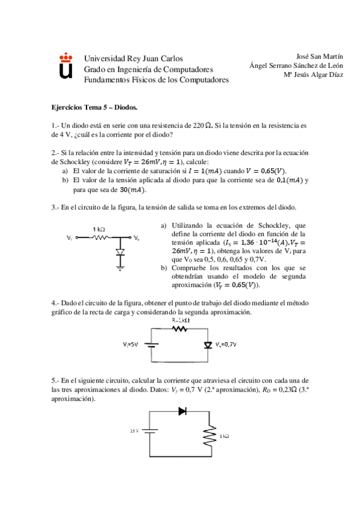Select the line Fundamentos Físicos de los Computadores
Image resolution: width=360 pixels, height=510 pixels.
coord(156,79)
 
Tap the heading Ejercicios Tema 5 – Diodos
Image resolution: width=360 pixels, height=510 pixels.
coord(94,108)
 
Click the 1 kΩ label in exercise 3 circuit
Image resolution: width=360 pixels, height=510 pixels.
coord(100,229)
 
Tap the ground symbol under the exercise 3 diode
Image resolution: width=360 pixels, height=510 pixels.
coord(120,269)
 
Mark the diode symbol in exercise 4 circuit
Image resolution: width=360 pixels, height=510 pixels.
coord(209,345)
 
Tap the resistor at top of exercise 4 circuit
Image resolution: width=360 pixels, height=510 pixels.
coord(180,328)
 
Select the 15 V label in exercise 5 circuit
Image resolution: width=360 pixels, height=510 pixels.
coord(135,431)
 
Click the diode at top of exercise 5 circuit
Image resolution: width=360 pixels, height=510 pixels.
coord(182,412)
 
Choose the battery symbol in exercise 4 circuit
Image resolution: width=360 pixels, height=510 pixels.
coord(152,345)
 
